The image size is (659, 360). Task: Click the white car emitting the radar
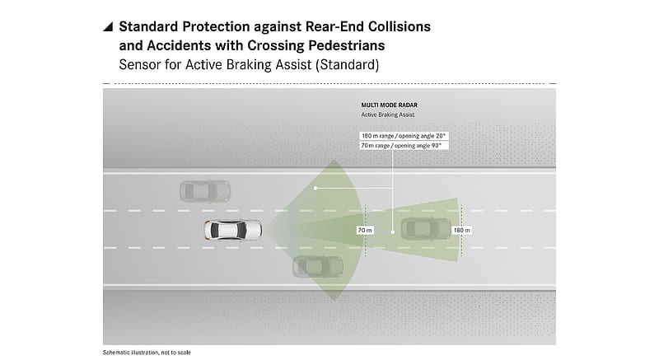click(x=233, y=230)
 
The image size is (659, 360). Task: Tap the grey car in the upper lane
click(x=205, y=192)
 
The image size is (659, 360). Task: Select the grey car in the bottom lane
click(x=318, y=266)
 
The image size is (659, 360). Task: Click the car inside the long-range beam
click(x=426, y=229)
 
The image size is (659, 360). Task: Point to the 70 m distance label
click(x=365, y=230)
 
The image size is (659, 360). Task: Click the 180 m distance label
click(x=461, y=230)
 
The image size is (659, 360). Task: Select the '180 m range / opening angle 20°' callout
click(x=404, y=136)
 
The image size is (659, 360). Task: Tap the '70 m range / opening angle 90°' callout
click(x=402, y=145)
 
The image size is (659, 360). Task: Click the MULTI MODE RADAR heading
click(x=390, y=105)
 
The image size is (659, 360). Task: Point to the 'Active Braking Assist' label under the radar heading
click(x=388, y=115)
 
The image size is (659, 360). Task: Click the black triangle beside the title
click(x=108, y=27)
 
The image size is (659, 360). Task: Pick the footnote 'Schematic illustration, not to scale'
click(x=147, y=353)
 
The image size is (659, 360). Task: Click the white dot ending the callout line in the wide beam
click(x=315, y=188)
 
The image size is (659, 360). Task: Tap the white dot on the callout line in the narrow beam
click(x=393, y=231)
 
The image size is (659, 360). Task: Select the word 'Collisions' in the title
click(x=400, y=26)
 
